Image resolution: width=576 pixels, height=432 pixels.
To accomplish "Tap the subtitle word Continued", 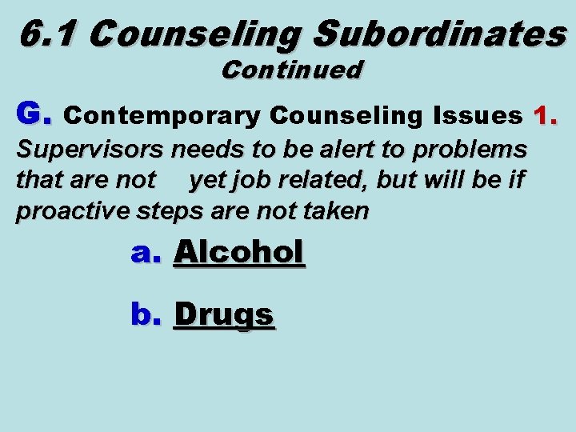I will [292, 70].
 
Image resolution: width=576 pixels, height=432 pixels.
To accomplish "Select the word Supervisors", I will [91, 150].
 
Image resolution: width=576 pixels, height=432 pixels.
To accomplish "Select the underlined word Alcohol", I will [239, 253].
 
